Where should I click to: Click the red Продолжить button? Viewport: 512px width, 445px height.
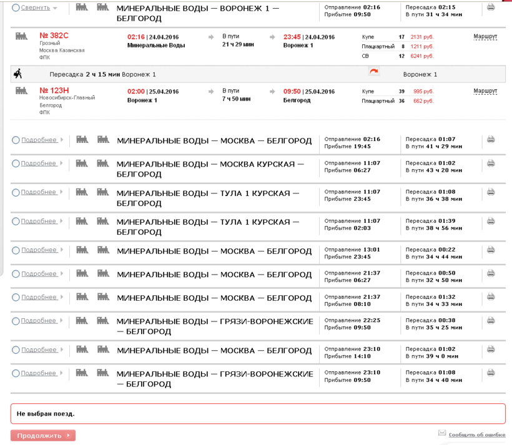42,436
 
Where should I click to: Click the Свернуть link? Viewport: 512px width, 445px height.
35,7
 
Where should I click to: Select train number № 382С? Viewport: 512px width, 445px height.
54,36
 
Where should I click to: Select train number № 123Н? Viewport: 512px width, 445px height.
54,90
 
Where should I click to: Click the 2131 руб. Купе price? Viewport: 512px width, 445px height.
421,37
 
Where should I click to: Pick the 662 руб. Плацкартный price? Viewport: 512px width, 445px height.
423,100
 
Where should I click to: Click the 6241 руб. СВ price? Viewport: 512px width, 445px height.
421,56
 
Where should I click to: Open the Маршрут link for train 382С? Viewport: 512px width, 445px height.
485,37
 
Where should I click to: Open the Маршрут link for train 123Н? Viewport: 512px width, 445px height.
485,91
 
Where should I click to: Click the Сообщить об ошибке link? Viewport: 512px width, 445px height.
476,434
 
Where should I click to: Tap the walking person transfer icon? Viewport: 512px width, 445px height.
17,74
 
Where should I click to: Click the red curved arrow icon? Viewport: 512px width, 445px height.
374,73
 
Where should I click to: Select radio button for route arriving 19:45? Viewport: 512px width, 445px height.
16,140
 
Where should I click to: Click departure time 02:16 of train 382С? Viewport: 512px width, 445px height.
135,37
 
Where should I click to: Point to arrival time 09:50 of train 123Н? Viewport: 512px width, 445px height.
293,91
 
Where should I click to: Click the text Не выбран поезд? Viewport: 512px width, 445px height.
46,413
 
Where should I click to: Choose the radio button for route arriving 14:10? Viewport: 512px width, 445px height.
16,350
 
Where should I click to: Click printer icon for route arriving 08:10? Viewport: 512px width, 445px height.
491,297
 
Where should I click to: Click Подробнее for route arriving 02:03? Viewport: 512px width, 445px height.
39,221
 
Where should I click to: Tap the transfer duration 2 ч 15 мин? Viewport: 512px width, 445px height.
103,74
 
